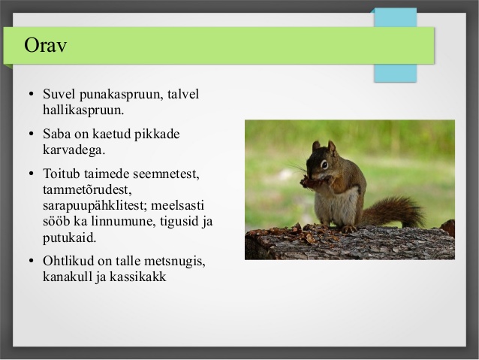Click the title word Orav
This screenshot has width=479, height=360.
pyautogui.click(x=45, y=45)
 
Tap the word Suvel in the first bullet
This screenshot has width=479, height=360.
pyautogui.click(x=59, y=94)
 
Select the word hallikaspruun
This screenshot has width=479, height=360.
pyautogui.click(x=83, y=110)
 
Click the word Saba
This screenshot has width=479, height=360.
pyautogui.click(x=56, y=134)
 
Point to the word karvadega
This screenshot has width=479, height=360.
pyautogui.click(x=74, y=150)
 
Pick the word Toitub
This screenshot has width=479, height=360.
pyautogui.click(x=62, y=174)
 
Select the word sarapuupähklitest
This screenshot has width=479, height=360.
pyautogui.click(x=95, y=206)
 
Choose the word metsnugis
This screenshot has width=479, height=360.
pyautogui.click(x=175, y=262)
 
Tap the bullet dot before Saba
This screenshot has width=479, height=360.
pyautogui.click(x=32, y=134)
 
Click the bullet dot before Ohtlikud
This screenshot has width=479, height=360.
pyautogui.click(x=32, y=261)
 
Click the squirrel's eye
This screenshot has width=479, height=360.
pyautogui.click(x=324, y=165)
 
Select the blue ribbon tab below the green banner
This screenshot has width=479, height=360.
pyautogui.click(x=396, y=73)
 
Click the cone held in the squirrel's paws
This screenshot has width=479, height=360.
pyautogui.click(x=309, y=183)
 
